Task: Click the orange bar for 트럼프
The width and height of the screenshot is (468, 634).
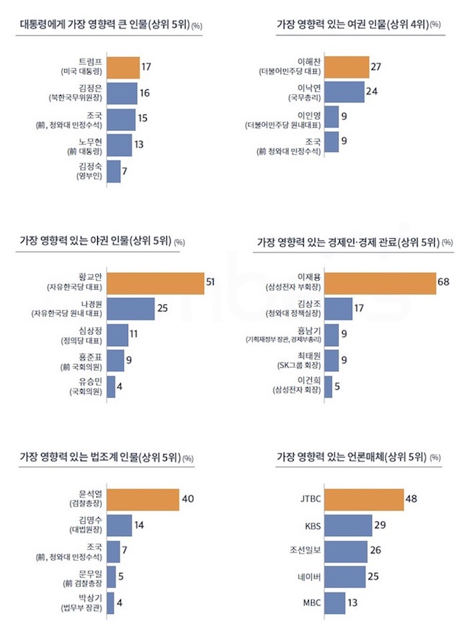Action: coord(123,68)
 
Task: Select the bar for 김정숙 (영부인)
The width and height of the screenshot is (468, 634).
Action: coord(114,171)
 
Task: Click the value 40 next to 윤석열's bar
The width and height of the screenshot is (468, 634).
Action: coord(187,497)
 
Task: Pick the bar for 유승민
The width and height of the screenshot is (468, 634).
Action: coord(110,386)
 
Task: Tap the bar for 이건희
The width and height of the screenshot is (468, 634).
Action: coord(328,386)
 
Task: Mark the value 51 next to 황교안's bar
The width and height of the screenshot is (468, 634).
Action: coord(211,281)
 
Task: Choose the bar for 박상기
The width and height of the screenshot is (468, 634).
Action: coord(110,602)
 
